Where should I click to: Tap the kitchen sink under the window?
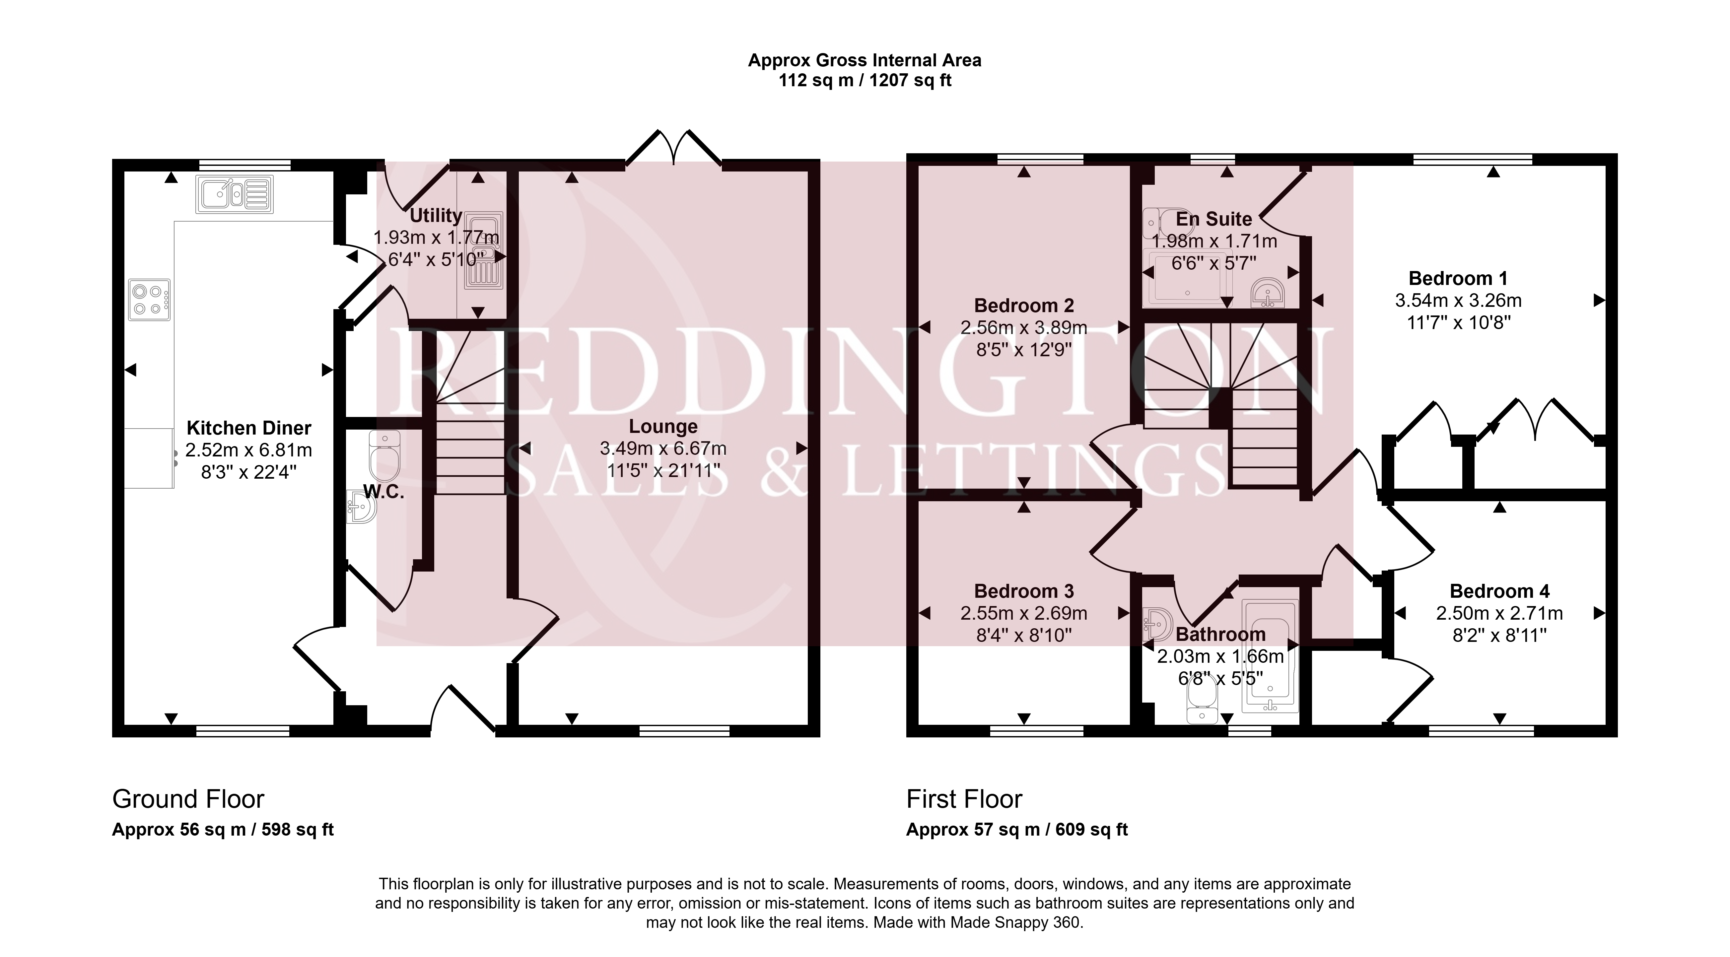tap(235, 194)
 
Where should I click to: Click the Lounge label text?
tap(663, 427)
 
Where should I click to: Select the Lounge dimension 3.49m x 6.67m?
tap(663, 448)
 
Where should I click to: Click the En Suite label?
tap(1214, 219)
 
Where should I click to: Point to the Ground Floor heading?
tap(188, 799)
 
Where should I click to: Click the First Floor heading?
tap(964, 799)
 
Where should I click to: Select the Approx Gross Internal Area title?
tap(865, 60)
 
